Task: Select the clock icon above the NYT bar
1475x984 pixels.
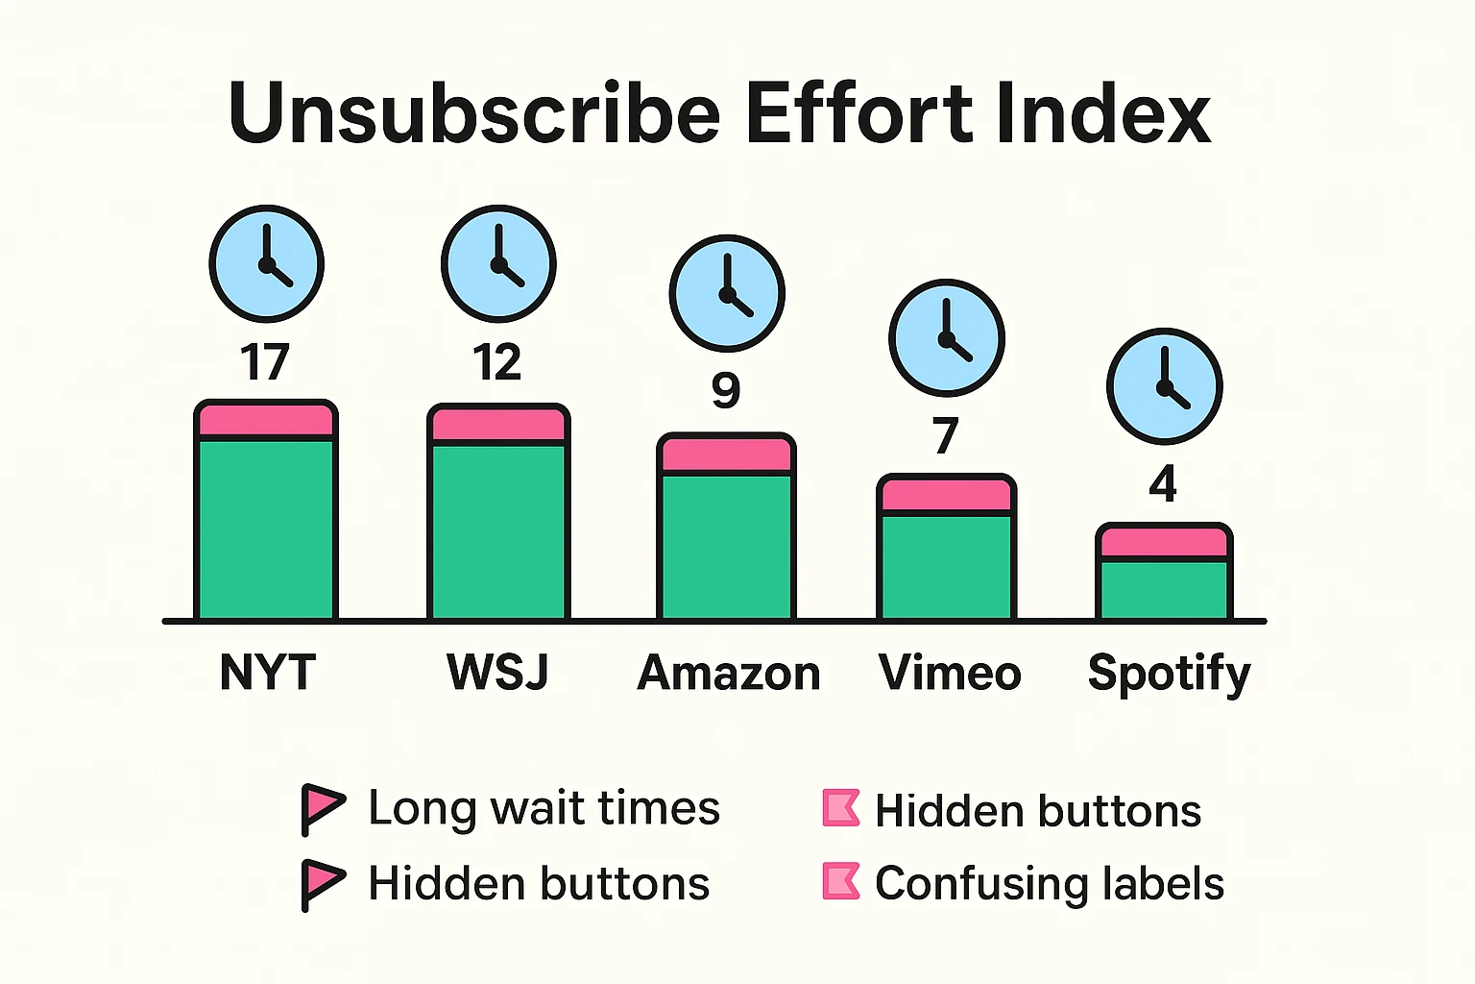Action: click(x=266, y=263)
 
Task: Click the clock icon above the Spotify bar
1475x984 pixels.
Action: click(x=1164, y=386)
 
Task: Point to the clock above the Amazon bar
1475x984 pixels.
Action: click(x=727, y=293)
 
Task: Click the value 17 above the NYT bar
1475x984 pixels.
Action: click(x=265, y=363)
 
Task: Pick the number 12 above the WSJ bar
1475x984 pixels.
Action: click(x=497, y=363)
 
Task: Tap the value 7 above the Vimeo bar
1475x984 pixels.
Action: click(x=945, y=437)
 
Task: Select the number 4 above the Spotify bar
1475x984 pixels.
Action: click(x=1163, y=485)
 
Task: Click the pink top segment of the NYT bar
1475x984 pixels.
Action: click(x=266, y=421)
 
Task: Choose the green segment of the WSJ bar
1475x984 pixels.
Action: click(x=498, y=530)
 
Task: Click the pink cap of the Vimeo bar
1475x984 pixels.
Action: click(x=946, y=495)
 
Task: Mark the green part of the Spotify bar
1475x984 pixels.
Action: click(x=1164, y=588)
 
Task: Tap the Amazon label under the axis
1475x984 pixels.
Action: click(x=729, y=673)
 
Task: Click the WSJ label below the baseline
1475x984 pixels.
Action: click(x=497, y=672)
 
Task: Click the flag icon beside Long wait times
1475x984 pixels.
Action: click(x=322, y=808)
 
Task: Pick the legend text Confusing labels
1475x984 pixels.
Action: click(x=1050, y=883)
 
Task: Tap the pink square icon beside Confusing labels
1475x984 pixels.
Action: click(x=841, y=881)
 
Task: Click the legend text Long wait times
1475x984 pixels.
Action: click(x=544, y=808)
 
